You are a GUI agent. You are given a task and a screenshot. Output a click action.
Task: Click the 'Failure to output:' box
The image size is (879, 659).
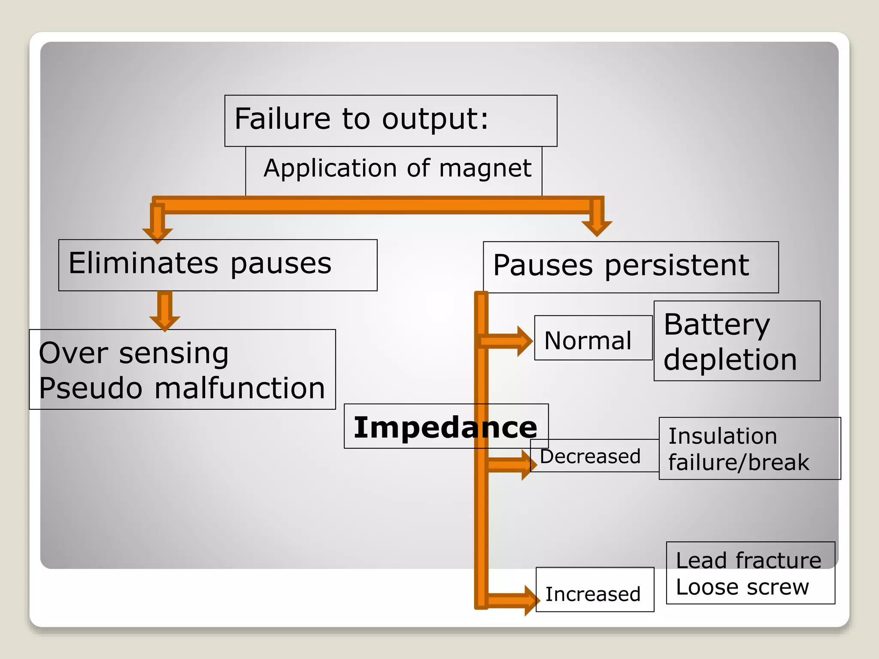[391, 121]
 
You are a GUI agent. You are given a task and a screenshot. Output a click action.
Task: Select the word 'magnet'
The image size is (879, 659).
[485, 168]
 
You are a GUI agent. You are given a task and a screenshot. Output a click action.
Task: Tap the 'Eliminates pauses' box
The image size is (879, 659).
[218, 265]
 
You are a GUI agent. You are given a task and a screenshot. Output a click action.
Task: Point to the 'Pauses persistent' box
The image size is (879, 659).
[630, 267]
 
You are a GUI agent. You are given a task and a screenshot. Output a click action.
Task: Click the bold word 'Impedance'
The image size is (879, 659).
[445, 427]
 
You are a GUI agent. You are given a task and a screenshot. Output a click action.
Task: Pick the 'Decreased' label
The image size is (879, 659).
[590, 456]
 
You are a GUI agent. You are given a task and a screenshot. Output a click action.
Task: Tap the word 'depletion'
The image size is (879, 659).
[730, 360]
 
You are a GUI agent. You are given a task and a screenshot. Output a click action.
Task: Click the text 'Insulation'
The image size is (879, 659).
[723, 436]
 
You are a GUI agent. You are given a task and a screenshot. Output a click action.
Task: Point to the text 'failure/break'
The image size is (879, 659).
[738, 463]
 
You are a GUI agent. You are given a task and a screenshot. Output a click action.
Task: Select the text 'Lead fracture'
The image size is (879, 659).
[749, 560]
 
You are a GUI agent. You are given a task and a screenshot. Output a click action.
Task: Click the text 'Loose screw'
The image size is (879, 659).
[742, 587]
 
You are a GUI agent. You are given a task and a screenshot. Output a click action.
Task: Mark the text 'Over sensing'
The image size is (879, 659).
[134, 354]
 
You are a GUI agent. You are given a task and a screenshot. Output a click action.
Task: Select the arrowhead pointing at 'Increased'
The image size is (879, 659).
[531, 600]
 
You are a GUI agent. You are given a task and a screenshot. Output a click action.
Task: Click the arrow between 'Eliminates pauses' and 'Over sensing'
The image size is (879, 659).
[165, 311]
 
